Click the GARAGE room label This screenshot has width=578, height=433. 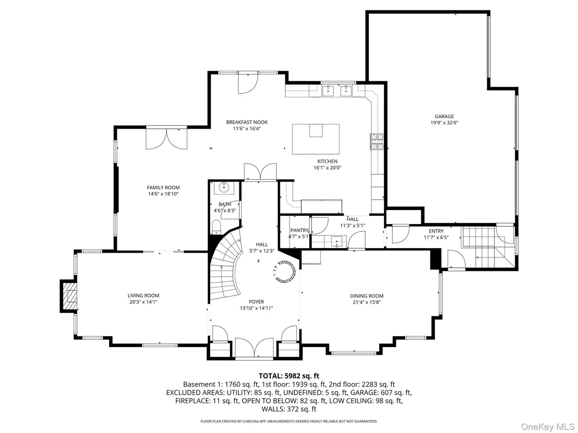pyautogui.click(x=444, y=116)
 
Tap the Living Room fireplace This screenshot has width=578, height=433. pyautogui.click(x=69, y=296)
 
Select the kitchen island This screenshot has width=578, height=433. pyautogui.click(x=316, y=139)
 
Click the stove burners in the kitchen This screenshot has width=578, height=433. pyautogui.click(x=377, y=142)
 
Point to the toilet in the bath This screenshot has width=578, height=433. pyautogui.click(x=216, y=227)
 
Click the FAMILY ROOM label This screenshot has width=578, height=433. pyautogui.click(x=163, y=188)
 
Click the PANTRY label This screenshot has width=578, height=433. pyautogui.click(x=299, y=230)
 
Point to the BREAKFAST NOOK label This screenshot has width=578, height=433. pyautogui.click(x=247, y=122)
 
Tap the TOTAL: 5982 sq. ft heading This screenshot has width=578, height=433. pyautogui.click(x=289, y=376)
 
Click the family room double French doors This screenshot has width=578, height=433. pyautogui.click(x=167, y=139)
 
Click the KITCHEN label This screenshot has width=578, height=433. pyautogui.click(x=327, y=162)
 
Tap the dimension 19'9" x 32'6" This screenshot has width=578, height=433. pyautogui.click(x=444, y=123)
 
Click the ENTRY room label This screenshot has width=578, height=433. pyautogui.click(x=436, y=231)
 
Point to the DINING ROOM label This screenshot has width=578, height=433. pyautogui.click(x=367, y=295)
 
